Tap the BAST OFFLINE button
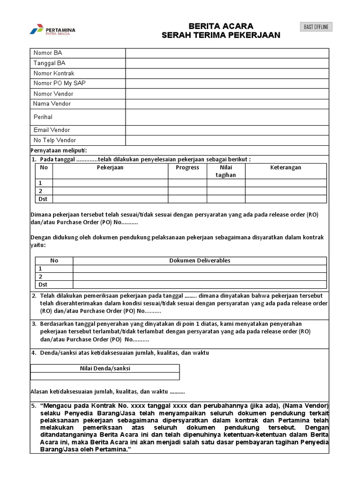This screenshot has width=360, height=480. (x=315, y=27)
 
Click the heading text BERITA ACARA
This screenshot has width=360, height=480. (x=221, y=26)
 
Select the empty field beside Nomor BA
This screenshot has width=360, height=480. (x=227, y=53)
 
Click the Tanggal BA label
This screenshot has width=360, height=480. (x=49, y=63)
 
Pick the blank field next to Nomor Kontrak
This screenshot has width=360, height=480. (x=227, y=73)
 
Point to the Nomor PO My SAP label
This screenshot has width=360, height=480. (x=59, y=83)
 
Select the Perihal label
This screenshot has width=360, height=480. (x=43, y=117)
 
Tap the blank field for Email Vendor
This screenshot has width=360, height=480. (x=227, y=130)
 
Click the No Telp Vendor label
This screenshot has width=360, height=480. (x=54, y=140)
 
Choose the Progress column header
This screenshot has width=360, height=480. (x=187, y=168)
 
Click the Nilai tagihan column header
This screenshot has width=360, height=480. (x=226, y=171)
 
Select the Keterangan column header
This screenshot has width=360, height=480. (x=285, y=168)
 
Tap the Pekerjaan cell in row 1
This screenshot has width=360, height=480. (x=110, y=183)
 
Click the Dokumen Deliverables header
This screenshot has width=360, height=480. (x=200, y=261)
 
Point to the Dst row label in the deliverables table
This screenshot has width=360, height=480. (x=43, y=285)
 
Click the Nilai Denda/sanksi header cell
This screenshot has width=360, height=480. (x=105, y=368)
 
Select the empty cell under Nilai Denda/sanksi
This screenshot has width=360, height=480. (x=105, y=376)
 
